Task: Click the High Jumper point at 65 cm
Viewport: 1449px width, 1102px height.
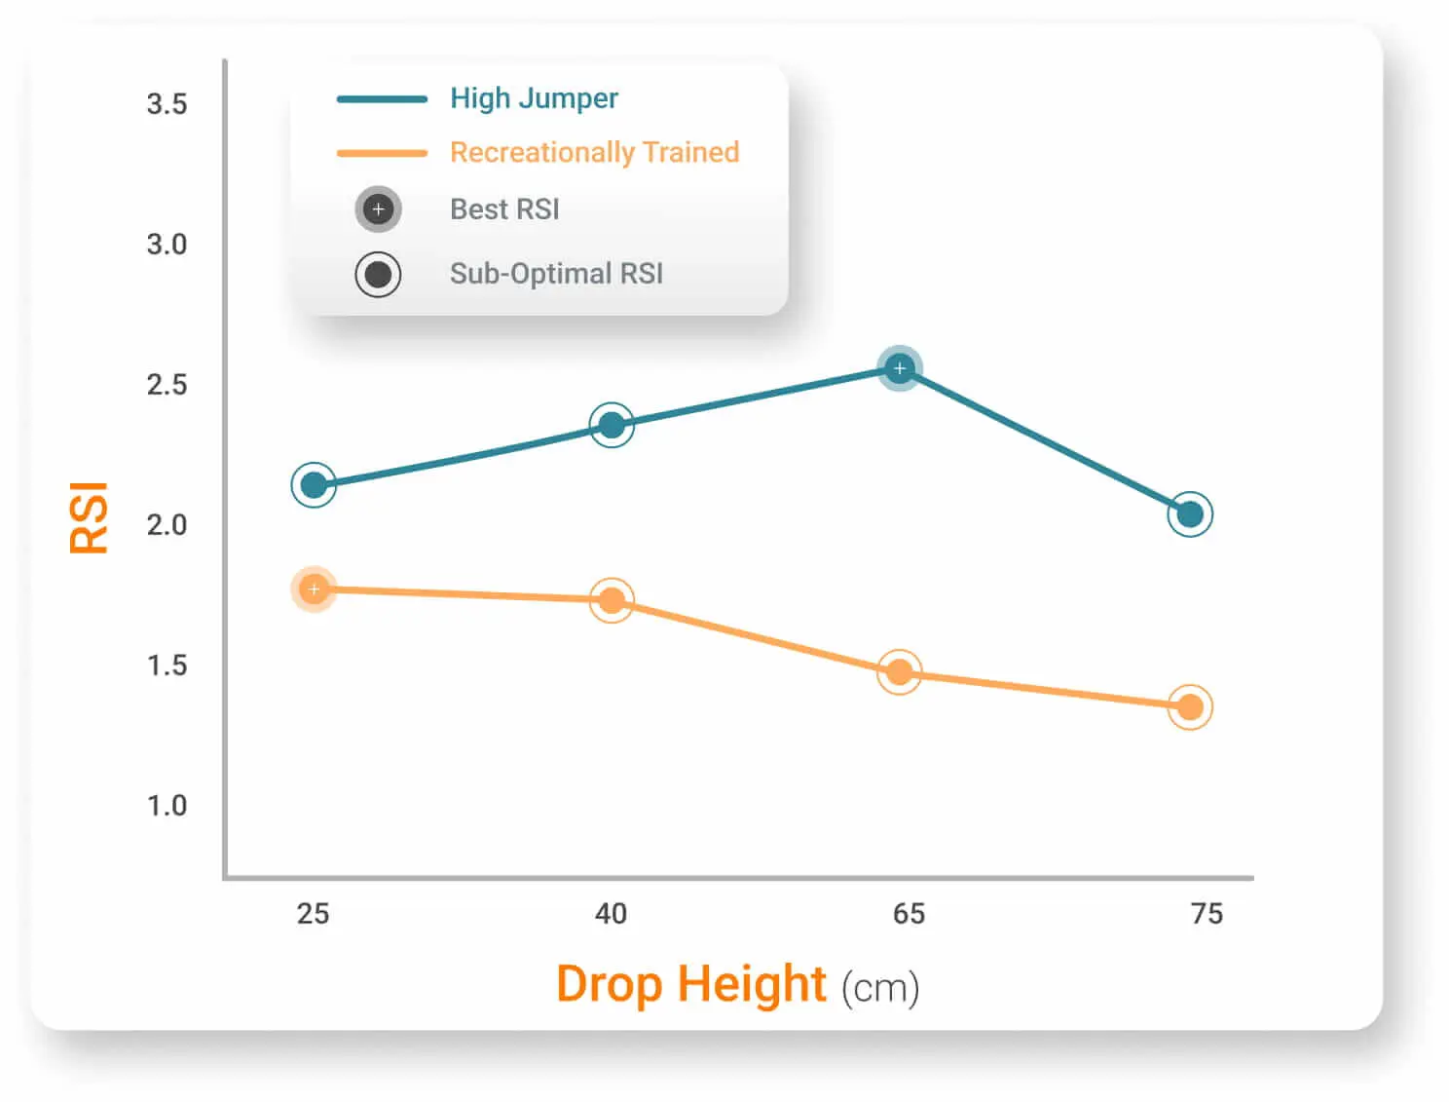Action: coord(900,368)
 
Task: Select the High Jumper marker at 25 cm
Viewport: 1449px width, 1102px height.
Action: coord(314,485)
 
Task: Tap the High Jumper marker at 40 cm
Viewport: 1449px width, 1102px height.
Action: coord(612,425)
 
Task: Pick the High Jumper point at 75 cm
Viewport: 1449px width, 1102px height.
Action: coord(1190,514)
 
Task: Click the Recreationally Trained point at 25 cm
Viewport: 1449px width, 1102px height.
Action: coord(314,589)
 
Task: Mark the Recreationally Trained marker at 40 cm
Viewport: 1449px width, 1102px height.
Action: coord(612,600)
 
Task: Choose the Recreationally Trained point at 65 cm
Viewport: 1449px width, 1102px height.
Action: coord(900,672)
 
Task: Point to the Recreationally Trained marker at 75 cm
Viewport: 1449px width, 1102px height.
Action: coord(1190,707)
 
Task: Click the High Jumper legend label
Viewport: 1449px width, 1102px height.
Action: coord(534,98)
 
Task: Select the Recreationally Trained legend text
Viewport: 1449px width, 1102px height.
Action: coord(594,153)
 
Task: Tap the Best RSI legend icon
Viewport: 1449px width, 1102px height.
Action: coord(378,209)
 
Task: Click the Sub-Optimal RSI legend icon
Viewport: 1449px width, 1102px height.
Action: coord(378,274)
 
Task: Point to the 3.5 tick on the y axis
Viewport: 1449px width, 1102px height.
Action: coord(167,104)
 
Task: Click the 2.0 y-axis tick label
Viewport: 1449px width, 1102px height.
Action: coord(167,525)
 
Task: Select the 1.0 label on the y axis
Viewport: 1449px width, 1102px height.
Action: coord(167,806)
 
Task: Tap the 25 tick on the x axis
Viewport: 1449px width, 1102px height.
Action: coord(313,914)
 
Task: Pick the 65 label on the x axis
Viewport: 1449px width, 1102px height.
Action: coord(909,914)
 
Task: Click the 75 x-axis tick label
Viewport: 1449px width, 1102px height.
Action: coord(1207,914)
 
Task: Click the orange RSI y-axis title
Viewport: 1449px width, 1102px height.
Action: coord(89,517)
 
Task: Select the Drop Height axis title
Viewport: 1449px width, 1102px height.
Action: coord(691,984)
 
